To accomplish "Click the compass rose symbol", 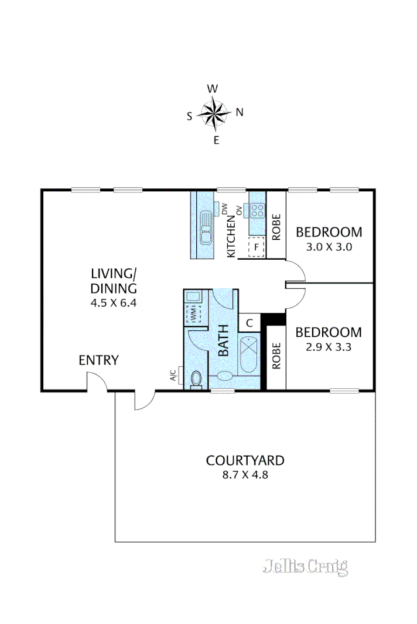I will click(x=214, y=114).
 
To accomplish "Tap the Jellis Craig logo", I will click(x=305, y=566).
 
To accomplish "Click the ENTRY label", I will click(x=98, y=360).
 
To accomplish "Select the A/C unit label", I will click(x=173, y=375).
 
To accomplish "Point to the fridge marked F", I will click(x=257, y=247).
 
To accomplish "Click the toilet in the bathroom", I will click(x=196, y=378).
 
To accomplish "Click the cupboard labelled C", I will click(x=249, y=322).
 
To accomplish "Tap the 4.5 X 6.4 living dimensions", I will click(x=114, y=303).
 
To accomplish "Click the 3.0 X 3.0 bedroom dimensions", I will click(x=329, y=247).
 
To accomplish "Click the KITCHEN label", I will click(x=231, y=236).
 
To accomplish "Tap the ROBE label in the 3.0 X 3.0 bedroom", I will click(x=276, y=227).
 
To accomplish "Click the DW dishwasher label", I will click(x=224, y=207).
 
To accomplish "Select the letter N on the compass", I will click(x=239, y=113).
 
